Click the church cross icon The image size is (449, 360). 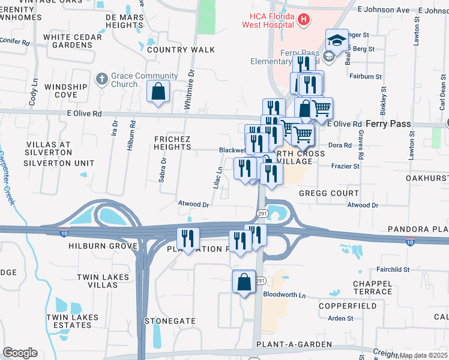point(101,79)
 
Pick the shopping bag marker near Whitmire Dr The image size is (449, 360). point(158,92)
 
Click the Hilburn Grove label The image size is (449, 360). point(99,246)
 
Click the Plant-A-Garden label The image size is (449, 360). point(294,344)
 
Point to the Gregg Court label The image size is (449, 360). point(330,194)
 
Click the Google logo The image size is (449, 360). point(20,353)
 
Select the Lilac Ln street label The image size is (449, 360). point(218,178)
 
